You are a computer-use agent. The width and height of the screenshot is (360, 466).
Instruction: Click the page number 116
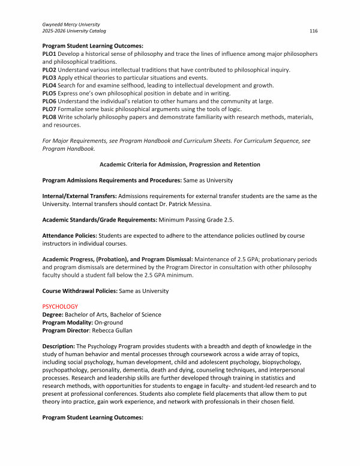point(313,31)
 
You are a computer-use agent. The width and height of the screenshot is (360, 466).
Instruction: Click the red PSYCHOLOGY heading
point(60,306)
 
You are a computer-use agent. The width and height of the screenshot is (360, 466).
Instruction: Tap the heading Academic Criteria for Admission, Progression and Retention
point(179,165)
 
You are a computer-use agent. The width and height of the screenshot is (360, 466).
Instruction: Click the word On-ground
point(109,322)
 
